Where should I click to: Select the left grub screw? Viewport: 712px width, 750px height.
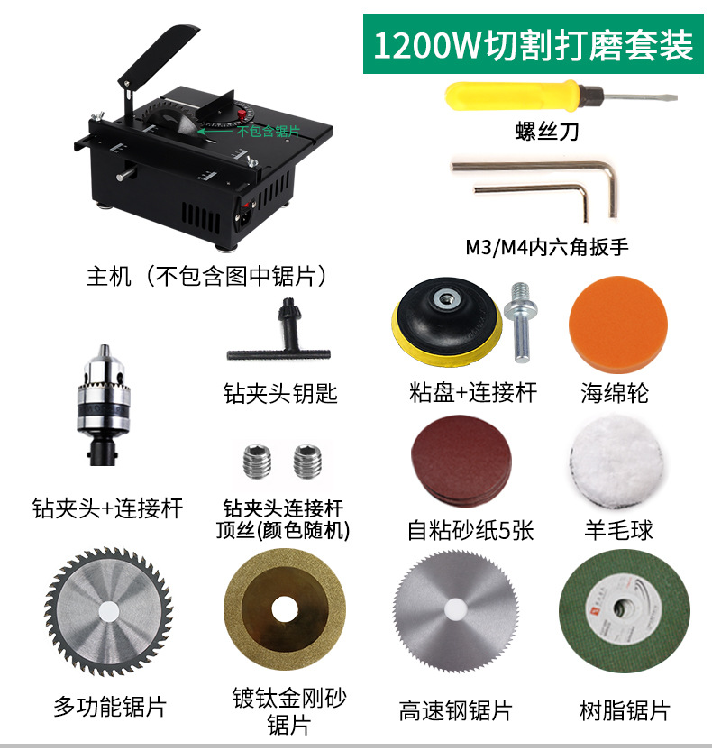(255, 463)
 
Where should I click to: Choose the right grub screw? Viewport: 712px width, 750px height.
(306, 463)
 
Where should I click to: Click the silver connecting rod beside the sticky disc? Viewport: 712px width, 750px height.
(521, 320)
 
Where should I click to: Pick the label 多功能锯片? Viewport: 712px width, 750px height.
(110, 706)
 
